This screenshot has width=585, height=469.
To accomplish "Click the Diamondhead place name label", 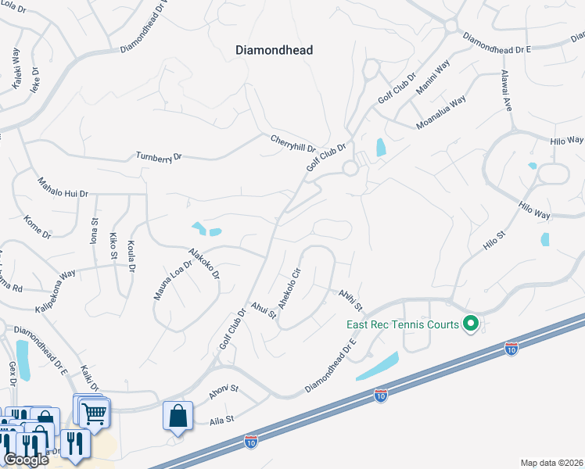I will (274, 50).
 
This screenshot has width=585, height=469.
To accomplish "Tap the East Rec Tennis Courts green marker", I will (470, 322).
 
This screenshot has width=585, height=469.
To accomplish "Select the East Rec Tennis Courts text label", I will (404, 323).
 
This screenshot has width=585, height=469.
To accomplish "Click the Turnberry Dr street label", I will (159, 156).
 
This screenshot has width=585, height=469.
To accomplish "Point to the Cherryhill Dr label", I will (292, 143).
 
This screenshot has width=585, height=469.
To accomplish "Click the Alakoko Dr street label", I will (203, 264).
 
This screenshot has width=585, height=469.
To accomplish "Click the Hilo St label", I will (495, 239).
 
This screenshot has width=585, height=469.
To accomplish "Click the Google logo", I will (26, 460).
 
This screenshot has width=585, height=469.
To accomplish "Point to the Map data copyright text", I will (552, 463).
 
